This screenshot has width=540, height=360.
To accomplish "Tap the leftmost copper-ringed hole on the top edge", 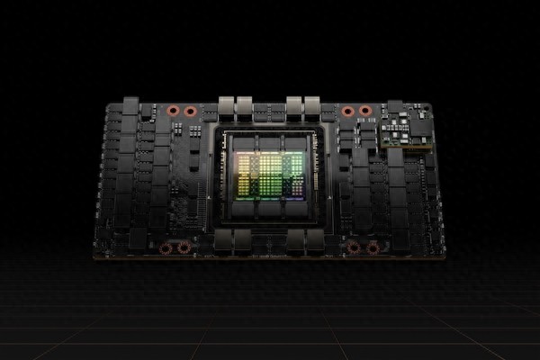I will pos(173,111).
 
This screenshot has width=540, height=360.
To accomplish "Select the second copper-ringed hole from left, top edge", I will pos(190,111).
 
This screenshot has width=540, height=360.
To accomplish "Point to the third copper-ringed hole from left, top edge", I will pos(347,111).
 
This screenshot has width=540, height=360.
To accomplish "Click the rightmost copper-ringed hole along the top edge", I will pos(364,111).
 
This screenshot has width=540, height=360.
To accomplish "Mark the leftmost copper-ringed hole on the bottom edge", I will pos(166,247).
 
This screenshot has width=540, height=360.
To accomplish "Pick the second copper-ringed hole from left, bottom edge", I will pos(184,247).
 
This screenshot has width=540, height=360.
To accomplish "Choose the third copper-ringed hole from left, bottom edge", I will pos(354,247).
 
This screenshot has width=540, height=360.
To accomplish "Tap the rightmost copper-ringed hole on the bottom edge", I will pos(372,247).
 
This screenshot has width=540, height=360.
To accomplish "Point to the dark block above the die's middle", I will pos(269,142).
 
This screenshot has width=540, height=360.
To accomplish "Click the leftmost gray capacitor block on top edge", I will pos(226,105).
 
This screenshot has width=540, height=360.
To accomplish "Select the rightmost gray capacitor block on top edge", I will pos(311,105).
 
